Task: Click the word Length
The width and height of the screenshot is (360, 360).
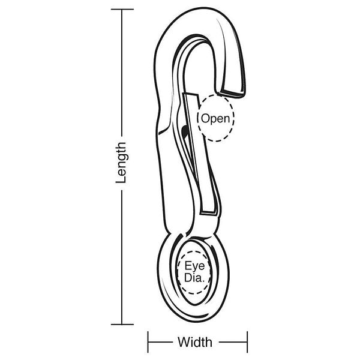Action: (x=121, y=163)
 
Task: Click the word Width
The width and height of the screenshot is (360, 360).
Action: (x=195, y=342)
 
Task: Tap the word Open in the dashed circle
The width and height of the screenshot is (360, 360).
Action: (x=215, y=119)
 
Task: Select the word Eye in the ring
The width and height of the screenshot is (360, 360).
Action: (x=194, y=266)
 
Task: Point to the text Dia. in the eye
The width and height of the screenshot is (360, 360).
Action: (x=194, y=278)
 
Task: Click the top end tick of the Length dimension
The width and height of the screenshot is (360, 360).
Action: (x=122, y=9)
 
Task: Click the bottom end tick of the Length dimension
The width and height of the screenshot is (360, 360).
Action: (x=122, y=325)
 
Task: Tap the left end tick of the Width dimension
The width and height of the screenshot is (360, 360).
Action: (x=148, y=342)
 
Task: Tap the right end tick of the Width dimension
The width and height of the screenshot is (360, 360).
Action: (x=247, y=342)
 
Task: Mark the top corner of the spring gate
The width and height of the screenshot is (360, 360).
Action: (x=183, y=93)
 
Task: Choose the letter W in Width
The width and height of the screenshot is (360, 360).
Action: (x=185, y=343)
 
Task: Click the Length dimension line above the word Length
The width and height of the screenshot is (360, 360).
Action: (x=122, y=73)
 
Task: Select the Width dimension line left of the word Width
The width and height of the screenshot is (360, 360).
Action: (x=160, y=342)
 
